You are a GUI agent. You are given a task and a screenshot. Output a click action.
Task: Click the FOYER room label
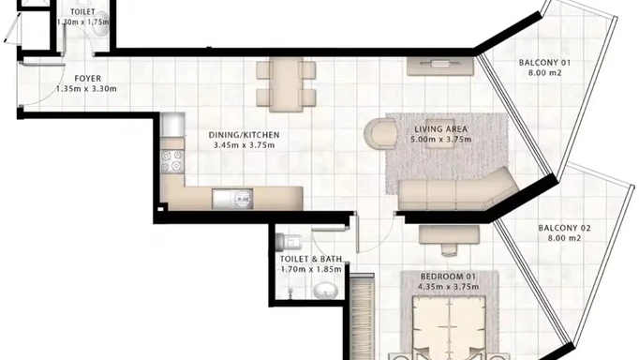click(89, 78)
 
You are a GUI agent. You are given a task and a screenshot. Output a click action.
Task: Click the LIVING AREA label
click(440, 128)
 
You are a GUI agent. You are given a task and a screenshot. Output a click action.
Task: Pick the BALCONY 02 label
click(563, 228)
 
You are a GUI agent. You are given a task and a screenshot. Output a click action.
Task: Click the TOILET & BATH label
click(310, 258)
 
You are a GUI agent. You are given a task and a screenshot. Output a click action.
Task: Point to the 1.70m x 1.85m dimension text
click(310, 269)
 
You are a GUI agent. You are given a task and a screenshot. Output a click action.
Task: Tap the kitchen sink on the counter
click(242, 197)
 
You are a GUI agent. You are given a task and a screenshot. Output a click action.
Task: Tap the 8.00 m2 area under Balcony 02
click(563, 239)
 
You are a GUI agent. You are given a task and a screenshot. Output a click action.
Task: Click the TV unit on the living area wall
click(440, 67)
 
